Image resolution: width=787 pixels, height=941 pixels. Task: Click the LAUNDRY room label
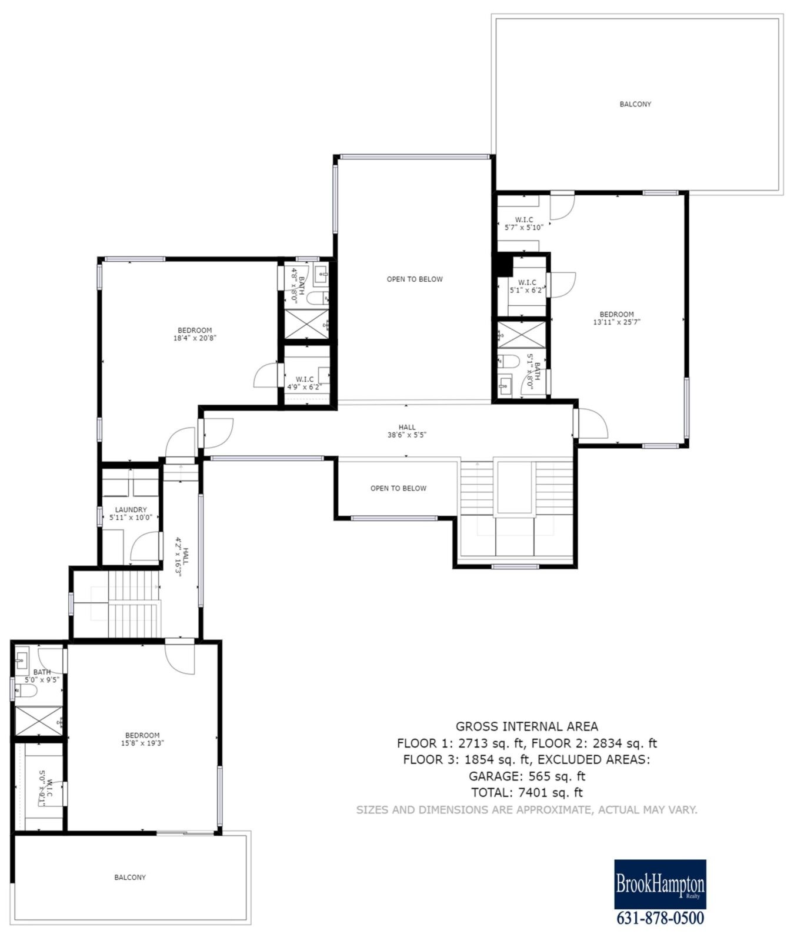(x=131, y=509)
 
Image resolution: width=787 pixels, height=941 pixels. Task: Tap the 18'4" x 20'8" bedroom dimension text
(x=195, y=338)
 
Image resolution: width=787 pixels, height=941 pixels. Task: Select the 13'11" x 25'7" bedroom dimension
(x=616, y=322)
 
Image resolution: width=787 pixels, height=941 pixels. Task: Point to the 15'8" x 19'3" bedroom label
(x=142, y=743)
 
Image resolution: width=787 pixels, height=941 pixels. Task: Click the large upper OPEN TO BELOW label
(x=414, y=279)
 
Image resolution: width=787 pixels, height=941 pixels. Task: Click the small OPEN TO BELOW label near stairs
(x=398, y=488)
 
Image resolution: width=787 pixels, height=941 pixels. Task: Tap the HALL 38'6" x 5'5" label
(x=406, y=431)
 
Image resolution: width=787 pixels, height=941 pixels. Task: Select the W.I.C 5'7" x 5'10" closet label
(x=523, y=223)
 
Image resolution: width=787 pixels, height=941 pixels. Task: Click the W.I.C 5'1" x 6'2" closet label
(x=526, y=286)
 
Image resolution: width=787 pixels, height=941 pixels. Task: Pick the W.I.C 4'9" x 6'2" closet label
(x=305, y=383)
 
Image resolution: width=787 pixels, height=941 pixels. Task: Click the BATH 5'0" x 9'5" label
(x=42, y=675)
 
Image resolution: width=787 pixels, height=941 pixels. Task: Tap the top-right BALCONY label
(x=635, y=104)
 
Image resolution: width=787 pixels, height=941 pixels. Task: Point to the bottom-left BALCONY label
(x=130, y=877)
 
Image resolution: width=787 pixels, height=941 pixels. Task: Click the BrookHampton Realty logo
(x=660, y=884)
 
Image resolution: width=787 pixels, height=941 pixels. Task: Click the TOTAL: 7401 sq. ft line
(x=526, y=792)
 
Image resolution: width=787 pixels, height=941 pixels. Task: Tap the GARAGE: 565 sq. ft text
(x=526, y=776)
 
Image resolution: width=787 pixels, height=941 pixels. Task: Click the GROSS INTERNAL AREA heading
(x=526, y=726)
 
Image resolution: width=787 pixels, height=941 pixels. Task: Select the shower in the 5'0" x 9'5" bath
(x=38, y=720)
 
